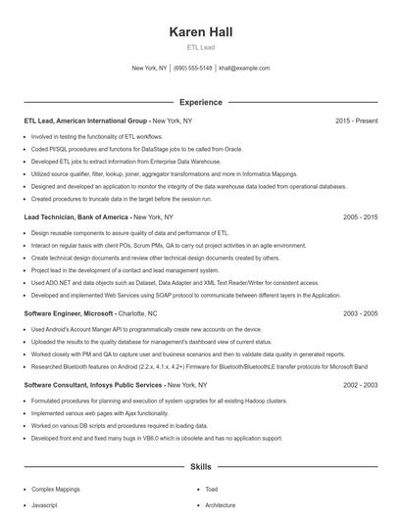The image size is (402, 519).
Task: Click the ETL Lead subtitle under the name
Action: [200, 47]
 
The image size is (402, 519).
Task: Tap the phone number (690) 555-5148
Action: [193, 69]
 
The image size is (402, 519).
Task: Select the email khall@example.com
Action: [244, 69]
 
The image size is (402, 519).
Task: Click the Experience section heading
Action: [200, 102]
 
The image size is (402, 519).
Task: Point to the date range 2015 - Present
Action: [356, 120]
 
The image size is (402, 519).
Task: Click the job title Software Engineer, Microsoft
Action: [70, 313]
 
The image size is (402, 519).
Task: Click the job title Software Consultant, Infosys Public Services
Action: [93, 386]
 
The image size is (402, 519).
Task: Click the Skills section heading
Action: [200, 468]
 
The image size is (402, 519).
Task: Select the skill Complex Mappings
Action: [55, 488]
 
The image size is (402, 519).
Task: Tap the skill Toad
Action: [211, 488]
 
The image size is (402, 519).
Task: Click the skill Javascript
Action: [45, 505]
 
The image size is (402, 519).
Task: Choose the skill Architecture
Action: [221, 505]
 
